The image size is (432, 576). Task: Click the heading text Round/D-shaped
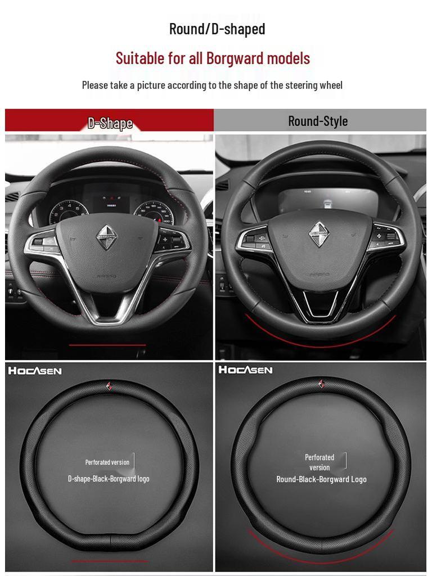coord(217,29)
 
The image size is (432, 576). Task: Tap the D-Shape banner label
coord(110,123)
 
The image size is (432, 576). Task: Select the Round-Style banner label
coord(318,121)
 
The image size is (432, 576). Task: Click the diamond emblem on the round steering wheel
coord(319,233)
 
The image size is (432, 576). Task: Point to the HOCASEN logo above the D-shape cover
coord(34,371)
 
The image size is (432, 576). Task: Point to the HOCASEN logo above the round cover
coord(245,370)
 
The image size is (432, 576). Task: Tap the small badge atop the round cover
coord(321,384)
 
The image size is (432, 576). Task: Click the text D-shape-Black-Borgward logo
coord(109,479)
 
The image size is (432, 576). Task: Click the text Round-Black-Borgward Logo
coord(321,479)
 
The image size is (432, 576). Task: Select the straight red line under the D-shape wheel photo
coord(107,345)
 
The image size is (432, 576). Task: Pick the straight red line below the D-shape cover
coord(109,561)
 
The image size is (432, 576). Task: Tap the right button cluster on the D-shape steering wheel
coord(171,240)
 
